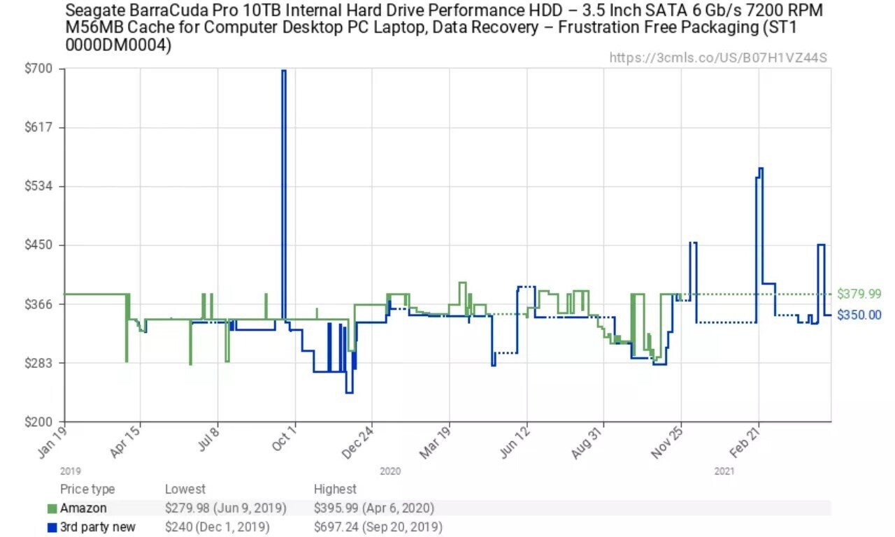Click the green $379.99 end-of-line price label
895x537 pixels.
[x=859, y=294]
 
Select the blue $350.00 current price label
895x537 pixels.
[x=859, y=315]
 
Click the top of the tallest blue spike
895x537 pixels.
[x=284, y=71]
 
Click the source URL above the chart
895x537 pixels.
[x=718, y=57]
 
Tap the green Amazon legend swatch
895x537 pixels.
[x=52, y=508]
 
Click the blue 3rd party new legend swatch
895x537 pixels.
[x=52, y=527]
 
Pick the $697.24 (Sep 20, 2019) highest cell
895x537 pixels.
[x=378, y=527]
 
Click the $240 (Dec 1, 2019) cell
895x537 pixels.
[x=217, y=527]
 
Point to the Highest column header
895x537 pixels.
[x=335, y=489]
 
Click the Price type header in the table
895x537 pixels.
[x=87, y=489]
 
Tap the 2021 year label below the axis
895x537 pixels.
[x=724, y=472]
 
